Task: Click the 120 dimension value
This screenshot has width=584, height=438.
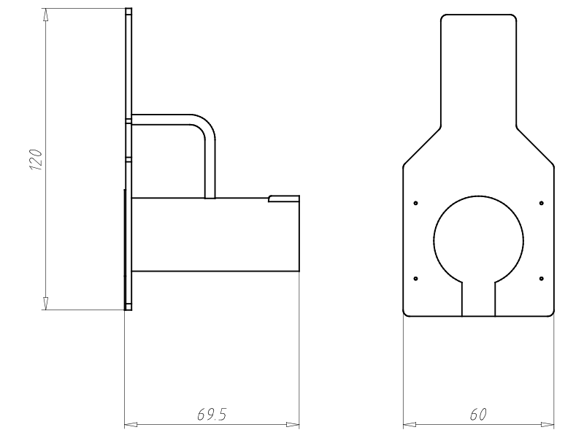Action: (x=36, y=160)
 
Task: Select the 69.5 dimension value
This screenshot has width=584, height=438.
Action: (x=212, y=414)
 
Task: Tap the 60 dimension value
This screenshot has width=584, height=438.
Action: (x=478, y=414)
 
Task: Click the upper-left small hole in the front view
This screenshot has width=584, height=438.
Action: (x=415, y=203)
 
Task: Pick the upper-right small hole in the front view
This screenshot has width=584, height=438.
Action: (x=541, y=203)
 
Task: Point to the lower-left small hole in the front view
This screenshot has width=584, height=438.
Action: (x=415, y=279)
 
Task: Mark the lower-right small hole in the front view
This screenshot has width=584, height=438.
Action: (x=541, y=279)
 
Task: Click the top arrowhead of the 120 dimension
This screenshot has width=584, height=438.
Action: (x=45, y=15)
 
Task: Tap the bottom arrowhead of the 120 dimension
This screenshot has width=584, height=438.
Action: (x=45, y=303)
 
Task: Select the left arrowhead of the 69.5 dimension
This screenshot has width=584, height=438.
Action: (x=131, y=424)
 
